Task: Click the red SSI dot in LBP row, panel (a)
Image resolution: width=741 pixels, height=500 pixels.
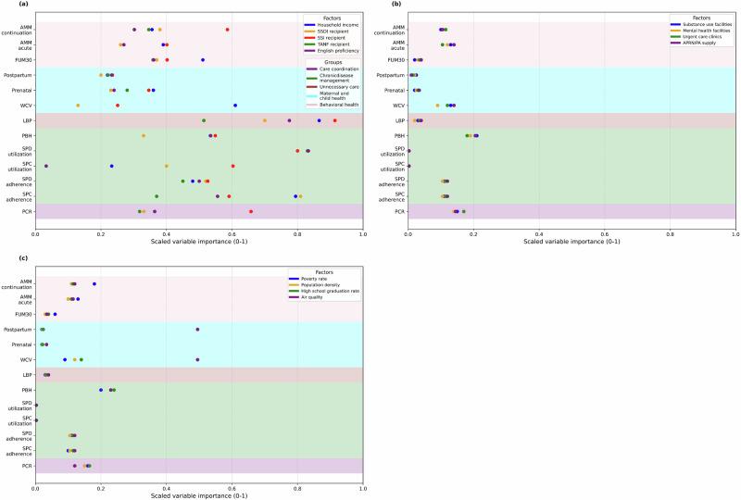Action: click(x=334, y=120)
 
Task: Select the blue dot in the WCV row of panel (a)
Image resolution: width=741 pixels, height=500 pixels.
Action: click(x=235, y=106)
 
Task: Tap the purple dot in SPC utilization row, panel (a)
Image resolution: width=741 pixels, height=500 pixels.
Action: click(x=46, y=166)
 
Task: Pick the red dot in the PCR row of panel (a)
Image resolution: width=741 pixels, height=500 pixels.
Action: click(x=251, y=211)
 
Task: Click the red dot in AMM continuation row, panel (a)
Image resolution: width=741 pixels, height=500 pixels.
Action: click(x=227, y=30)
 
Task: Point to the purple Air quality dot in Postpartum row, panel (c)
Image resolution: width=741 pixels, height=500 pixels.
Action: click(x=197, y=329)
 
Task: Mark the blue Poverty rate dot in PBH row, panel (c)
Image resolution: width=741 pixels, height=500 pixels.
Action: click(x=101, y=390)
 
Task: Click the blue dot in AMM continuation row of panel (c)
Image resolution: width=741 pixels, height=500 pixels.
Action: click(x=94, y=284)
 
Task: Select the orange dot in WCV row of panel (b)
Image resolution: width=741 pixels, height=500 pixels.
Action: click(x=438, y=106)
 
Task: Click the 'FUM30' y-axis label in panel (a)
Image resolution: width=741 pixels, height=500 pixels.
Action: click(x=20, y=60)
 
